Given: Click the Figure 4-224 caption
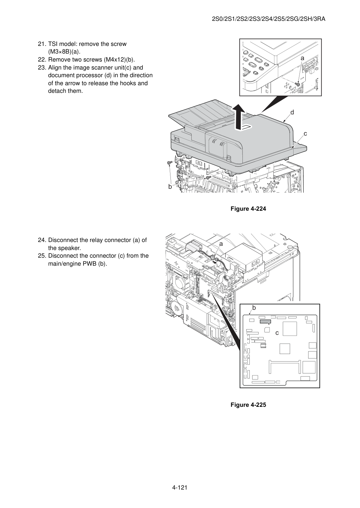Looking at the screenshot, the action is pos(248,209).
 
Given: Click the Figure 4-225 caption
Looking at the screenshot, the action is pos(248,405).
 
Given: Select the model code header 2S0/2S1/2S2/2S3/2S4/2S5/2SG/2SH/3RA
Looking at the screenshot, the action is pos(269,19).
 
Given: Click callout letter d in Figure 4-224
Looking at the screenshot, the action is pos(292,112).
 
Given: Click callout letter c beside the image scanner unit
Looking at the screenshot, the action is pos(305,134).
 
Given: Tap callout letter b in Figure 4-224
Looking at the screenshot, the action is pos(170,187).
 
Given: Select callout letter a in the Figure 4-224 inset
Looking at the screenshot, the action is pos(302,58).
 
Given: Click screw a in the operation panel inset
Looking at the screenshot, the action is pos(298,84).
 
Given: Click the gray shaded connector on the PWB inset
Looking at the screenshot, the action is pos(265,322).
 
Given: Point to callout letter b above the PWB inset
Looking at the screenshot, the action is pos(254,308).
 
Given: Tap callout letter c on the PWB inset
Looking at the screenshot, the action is pos(277,333).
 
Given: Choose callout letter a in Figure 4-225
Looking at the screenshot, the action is pos(221,244).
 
